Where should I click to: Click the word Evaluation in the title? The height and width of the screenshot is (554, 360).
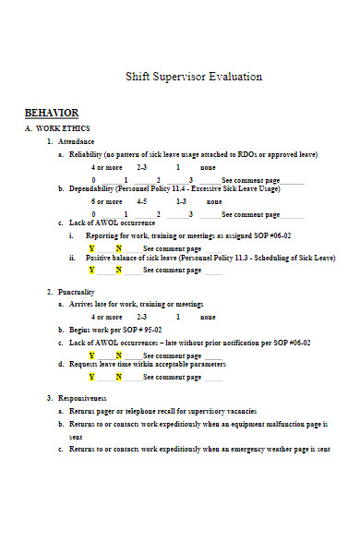[x=234, y=76]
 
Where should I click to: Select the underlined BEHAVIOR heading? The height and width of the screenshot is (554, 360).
[x=52, y=113]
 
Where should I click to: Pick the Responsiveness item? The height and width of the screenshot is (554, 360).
[x=82, y=397]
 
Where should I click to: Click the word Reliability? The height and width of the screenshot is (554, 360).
[x=86, y=155]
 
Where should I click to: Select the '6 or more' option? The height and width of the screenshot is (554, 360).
[x=106, y=200]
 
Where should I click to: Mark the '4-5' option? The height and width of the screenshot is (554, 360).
[x=141, y=200]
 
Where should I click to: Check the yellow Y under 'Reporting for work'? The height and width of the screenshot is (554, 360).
[x=91, y=248]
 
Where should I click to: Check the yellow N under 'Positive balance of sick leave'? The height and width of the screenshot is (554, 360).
[x=118, y=270]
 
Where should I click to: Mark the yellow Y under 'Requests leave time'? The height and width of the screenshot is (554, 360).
[x=91, y=377]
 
